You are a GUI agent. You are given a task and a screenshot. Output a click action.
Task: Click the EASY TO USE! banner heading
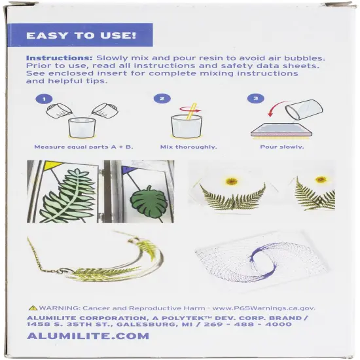click(81, 35)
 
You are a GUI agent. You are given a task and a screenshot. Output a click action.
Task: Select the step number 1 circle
click(43, 100)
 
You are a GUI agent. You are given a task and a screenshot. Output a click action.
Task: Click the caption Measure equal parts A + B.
click(74, 147)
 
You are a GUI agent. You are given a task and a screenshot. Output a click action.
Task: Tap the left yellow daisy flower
click(231, 181)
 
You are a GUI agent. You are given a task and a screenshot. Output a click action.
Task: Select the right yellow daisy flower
click(320, 180)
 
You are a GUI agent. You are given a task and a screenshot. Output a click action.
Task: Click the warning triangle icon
click(33, 307)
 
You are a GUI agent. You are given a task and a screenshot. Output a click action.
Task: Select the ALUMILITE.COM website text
click(88, 336)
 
